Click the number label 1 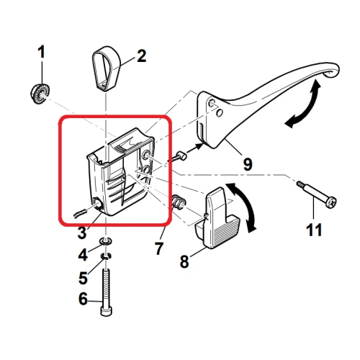point(41,52)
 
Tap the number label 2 point(141,55)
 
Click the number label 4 point(84,255)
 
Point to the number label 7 point(160,248)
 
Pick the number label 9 point(246,165)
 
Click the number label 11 point(315,231)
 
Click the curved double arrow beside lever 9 point(302,107)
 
